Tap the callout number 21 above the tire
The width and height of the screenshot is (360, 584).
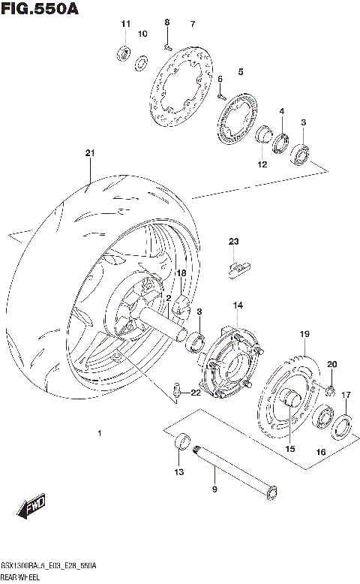point(90,154)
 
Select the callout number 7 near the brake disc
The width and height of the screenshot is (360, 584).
point(192,25)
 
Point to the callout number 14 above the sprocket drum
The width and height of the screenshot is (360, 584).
point(237,306)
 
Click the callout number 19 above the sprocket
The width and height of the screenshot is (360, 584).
point(304,334)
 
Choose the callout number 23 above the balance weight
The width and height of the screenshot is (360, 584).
point(233,241)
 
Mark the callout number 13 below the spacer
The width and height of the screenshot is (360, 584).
point(178,471)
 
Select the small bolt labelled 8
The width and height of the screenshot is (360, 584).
point(167,46)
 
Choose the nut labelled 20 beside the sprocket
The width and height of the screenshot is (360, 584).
point(330,388)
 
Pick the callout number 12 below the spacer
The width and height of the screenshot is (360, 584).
point(262,164)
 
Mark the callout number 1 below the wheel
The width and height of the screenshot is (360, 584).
point(99,433)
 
